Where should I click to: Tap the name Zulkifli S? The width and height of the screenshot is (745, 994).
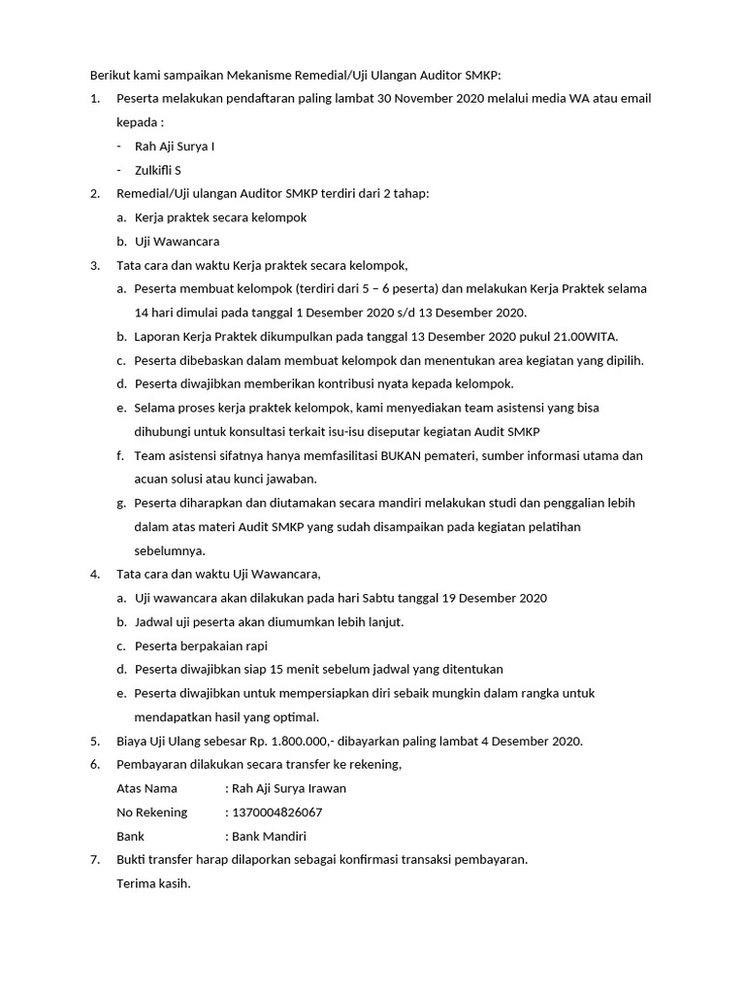158,170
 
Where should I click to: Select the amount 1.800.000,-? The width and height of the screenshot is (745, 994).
285,741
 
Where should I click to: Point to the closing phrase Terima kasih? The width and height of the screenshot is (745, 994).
153,883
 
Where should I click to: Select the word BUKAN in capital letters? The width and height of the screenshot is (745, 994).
408,455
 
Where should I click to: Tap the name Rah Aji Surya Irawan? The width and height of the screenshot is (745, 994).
289,788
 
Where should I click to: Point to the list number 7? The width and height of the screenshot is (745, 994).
94,860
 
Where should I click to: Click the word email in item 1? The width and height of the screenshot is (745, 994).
635,99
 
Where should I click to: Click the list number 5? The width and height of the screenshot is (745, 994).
94,741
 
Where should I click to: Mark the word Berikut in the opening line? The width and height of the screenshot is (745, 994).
111,75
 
